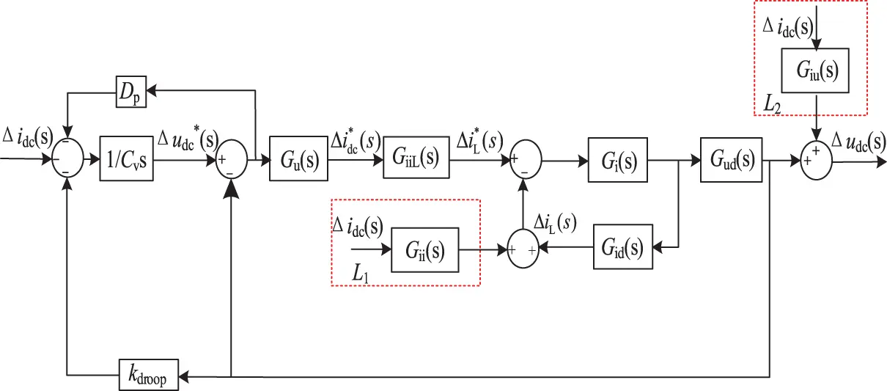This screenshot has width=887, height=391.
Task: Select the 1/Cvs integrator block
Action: (x=128, y=158)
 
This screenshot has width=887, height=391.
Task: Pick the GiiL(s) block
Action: (x=416, y=158)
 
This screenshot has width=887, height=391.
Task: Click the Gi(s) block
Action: (x=617, y=158)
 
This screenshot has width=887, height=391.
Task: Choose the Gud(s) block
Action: (x=731, y=158)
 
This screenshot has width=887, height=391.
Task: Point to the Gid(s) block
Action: (x=622, y=250)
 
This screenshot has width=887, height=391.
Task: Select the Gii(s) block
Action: (x=425, y=250)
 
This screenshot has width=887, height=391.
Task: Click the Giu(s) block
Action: (x=815, y=70)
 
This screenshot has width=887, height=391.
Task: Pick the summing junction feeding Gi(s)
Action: (x=523, y=158)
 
